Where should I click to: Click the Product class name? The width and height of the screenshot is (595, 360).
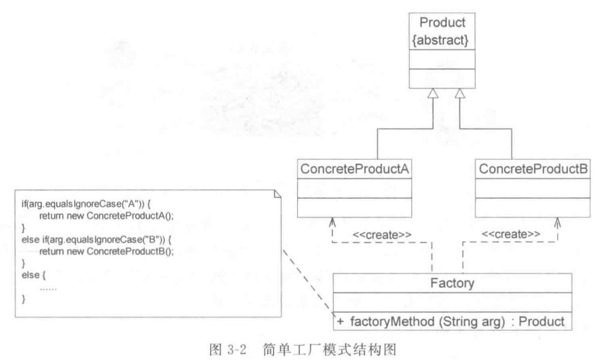coord(442,22)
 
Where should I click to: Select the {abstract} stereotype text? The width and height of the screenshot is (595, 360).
coord(442,40)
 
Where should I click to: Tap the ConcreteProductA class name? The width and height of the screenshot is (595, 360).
coord(354,169)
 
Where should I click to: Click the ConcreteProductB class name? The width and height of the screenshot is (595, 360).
coord(533,169)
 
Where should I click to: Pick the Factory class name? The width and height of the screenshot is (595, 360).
coord(452,283)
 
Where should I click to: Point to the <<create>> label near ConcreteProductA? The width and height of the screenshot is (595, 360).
coord(382,235)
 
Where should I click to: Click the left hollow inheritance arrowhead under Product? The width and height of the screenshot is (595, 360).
coord(431,94)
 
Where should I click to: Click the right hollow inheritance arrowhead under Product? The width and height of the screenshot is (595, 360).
coord(459,94)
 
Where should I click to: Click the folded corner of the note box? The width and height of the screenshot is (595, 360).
coord(277,194)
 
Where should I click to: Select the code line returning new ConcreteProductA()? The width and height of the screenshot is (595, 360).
coord(106,216)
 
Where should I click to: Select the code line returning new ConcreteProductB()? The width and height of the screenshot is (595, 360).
coord(106,251)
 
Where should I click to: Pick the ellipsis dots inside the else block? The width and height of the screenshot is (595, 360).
coord(48,289)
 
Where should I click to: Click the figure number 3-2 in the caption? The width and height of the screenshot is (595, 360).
coord(238,350)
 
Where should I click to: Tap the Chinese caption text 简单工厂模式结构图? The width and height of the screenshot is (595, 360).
coord(329,350)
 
